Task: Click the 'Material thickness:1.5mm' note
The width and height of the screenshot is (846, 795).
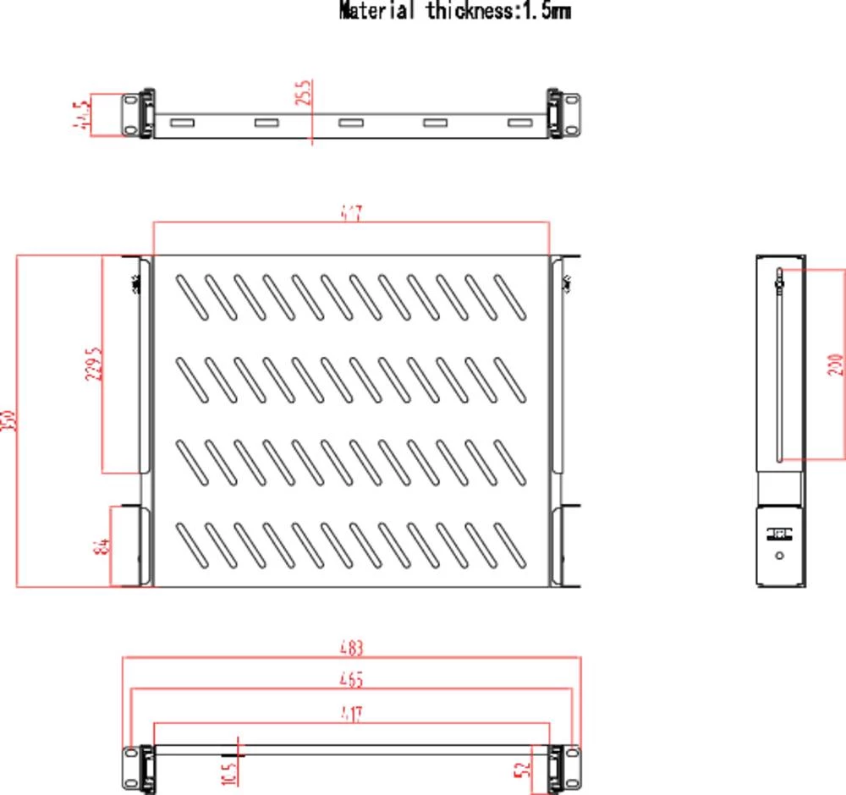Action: (x=454, y=11)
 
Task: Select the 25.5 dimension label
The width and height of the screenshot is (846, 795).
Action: (x=305, y=92)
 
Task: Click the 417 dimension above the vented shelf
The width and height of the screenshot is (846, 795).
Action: (x=352, y=213)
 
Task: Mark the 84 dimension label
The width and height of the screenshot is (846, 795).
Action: (x=101, y=546)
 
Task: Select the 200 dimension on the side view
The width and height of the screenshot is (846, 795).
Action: (x=833, y=365)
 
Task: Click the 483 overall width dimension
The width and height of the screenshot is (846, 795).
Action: (x=351, y=649)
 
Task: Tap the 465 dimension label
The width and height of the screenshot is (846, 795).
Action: (x=351, y=679)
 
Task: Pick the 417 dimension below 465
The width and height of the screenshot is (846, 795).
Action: (x=351, y=715)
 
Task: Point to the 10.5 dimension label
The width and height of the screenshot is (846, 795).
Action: (x=229, y=772)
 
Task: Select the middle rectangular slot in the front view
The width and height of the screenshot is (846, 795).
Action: (x=350, y=123)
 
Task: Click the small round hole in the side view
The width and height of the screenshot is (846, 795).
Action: (x=779, y=556)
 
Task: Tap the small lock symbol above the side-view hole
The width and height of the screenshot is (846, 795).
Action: (x=778, y=534)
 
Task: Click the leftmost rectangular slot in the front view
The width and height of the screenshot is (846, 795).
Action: (x=181, y=123)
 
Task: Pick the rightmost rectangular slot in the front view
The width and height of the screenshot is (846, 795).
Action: (x=519, y=123)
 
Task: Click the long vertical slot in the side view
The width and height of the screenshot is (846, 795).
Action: (x=778, y=364)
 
